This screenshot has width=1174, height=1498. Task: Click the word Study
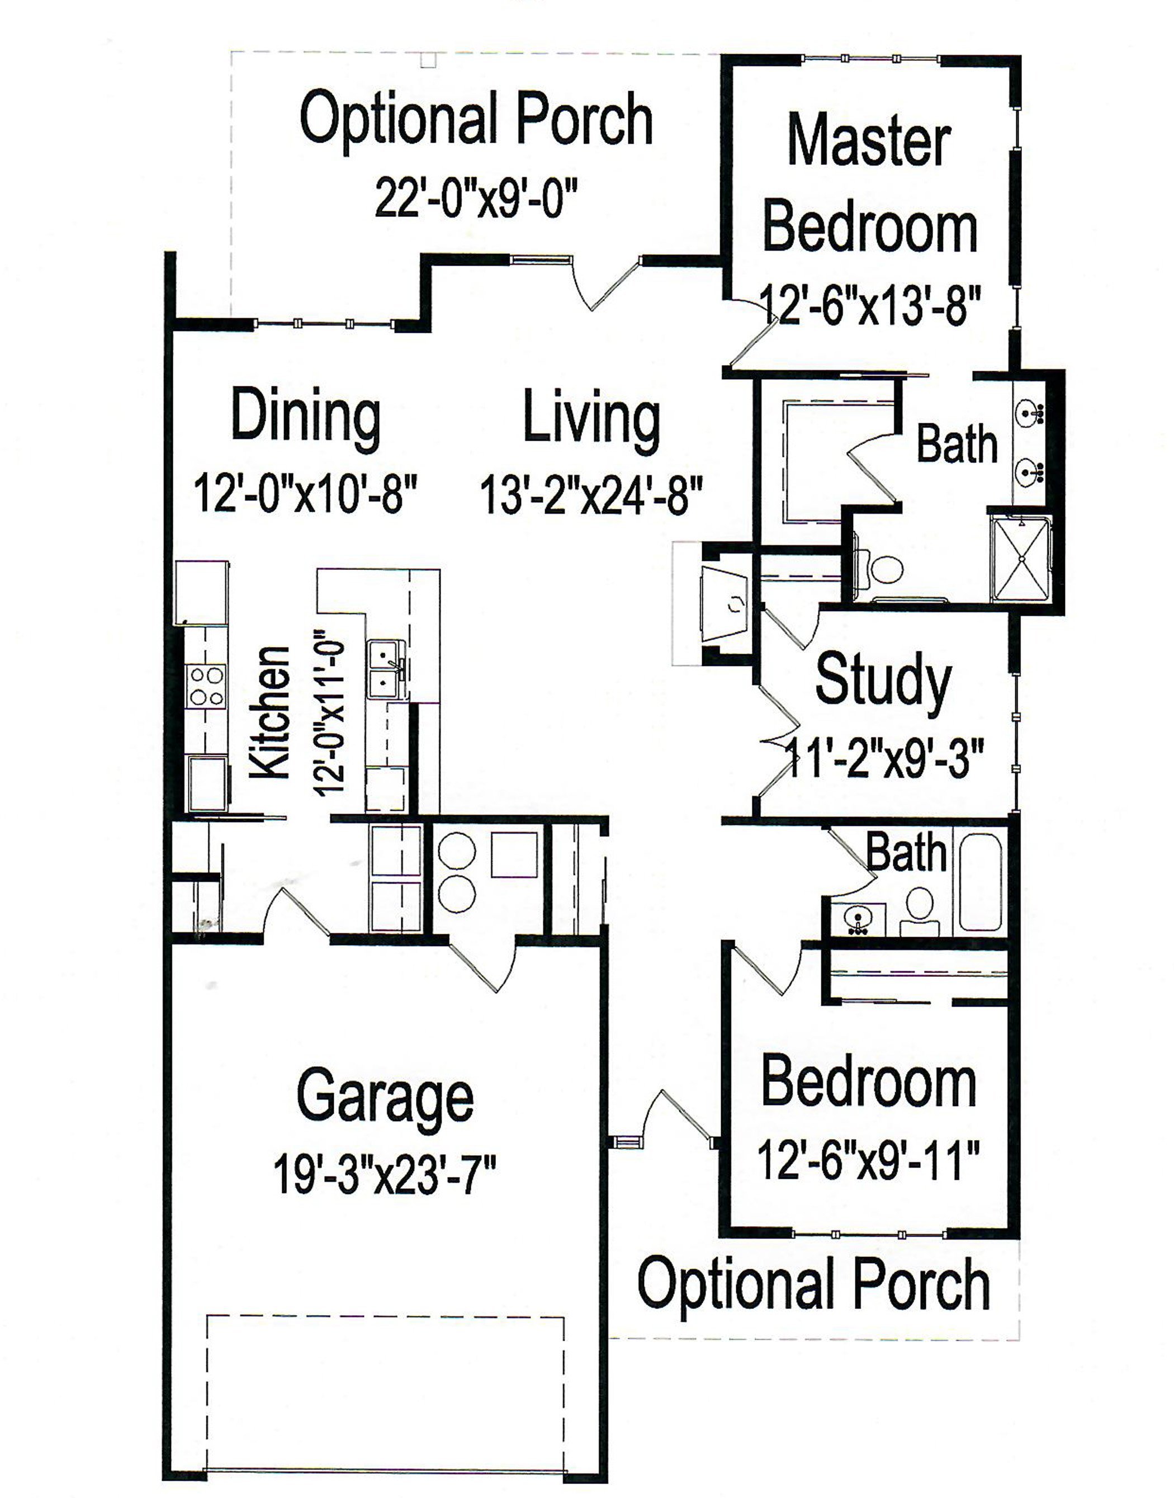(883, 681)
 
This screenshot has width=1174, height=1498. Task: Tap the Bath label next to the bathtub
(905, 853)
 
